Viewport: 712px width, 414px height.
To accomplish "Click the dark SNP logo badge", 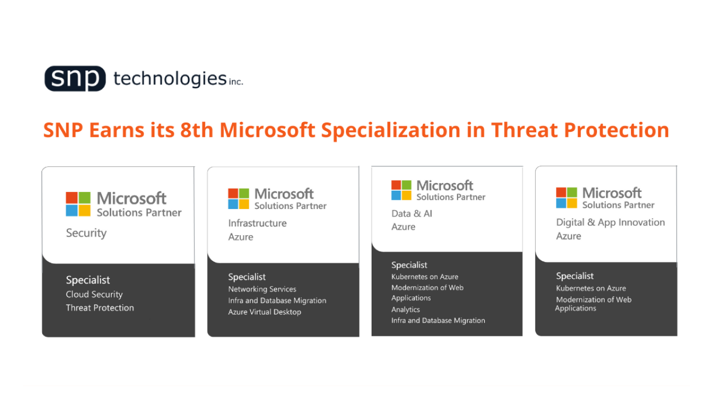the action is click(75, 78).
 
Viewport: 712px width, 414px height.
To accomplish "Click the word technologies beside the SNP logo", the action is click(170, 78).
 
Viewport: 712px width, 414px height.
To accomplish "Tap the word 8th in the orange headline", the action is click(196, 130).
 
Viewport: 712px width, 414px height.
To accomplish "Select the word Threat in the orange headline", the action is click(524, 130).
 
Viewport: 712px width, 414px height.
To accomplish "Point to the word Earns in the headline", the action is click(117, 130).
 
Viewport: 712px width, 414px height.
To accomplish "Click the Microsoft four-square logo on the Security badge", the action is click(78, 204).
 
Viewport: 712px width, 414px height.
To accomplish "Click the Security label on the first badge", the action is click(86, 233).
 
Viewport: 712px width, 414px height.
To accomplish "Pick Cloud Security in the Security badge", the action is click(94, 295).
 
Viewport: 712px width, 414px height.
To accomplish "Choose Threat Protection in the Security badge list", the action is click(100, 308).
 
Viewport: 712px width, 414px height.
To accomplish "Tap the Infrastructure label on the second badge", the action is click(257, 223).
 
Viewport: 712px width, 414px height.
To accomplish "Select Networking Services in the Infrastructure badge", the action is click(262, 289).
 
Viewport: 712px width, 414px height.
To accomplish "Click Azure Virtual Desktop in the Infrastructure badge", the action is click(264, 312).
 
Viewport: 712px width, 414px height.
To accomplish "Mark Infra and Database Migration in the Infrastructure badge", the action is click(277, 301).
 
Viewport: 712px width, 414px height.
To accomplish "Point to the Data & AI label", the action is click(412, 213).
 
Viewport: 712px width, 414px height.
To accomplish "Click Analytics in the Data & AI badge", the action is click(406, 310).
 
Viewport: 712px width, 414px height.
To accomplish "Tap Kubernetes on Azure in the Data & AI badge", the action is click(425, 277).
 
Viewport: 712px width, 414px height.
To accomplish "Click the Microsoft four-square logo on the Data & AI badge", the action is click(401, 190).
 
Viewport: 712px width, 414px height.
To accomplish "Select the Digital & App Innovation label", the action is click(610, 223).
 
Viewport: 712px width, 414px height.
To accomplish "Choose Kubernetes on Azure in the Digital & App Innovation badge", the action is click(591, 288).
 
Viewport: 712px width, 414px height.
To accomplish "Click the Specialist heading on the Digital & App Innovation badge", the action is click(575, 276).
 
